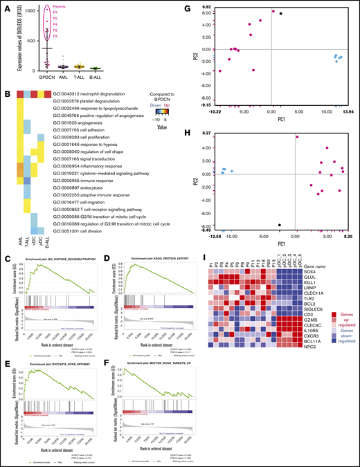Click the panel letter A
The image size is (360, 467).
tap(6, 6)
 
